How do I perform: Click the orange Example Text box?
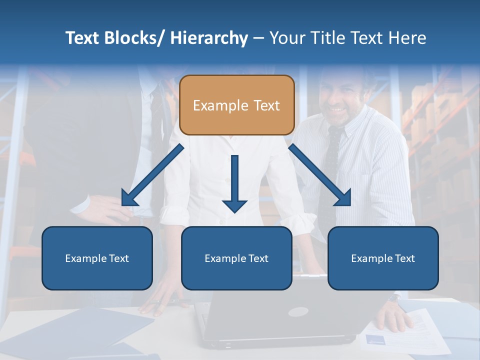point(236,105)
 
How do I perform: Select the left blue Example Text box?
point(97,258)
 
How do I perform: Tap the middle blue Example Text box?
point(236,258)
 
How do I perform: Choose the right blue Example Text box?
point(383,258)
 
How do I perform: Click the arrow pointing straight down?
point(234,183)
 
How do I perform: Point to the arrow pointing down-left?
point(152,175)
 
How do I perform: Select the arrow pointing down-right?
point(320,175)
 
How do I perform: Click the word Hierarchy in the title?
point(209,38)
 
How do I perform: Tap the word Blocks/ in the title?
point(133,38)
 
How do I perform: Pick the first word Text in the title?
point(83,38)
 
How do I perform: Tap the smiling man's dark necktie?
point(330,165)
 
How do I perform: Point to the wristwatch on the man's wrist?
point(394,298)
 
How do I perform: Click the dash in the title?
point(258,38)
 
